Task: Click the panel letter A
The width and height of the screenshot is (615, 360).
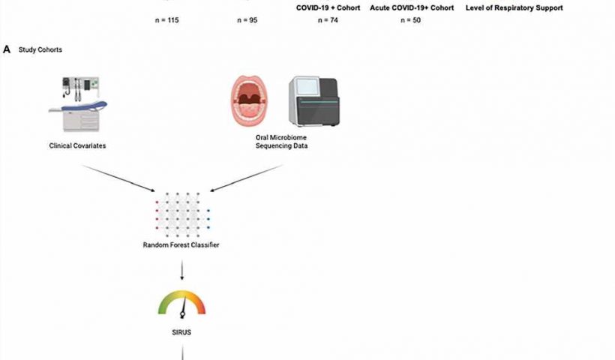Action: (7, 49)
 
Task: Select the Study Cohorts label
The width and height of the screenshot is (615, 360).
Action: (40, 49)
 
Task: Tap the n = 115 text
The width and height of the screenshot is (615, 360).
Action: (166, 20)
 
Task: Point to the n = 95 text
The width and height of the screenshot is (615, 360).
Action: (247, 20)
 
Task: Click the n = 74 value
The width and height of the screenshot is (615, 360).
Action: (328, 20)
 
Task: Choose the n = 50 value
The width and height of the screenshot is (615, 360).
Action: (411, 20)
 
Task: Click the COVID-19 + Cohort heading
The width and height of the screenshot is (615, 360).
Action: (328, 7)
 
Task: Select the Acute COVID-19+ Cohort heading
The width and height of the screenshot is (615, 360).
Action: (412, 7)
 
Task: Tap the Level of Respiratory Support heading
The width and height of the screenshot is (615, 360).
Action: (514, 7)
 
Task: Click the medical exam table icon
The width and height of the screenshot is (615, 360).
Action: (78, 104)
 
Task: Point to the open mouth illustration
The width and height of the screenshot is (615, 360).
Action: (250, 100)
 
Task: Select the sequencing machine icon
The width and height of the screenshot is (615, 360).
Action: (314, 101)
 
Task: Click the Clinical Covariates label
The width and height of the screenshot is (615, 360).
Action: (77, 145)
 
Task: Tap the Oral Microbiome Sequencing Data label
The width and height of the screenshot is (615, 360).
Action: (281, 142)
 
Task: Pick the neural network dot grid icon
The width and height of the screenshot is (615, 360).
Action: (182, 215)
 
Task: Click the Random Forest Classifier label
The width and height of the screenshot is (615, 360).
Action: (181, 244)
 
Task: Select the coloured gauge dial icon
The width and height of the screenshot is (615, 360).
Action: (181, 304)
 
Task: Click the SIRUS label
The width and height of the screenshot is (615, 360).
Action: (181, 332)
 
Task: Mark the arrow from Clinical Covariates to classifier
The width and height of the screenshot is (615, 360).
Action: (118, 178)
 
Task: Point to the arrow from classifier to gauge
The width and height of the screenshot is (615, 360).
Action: (181, 270)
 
